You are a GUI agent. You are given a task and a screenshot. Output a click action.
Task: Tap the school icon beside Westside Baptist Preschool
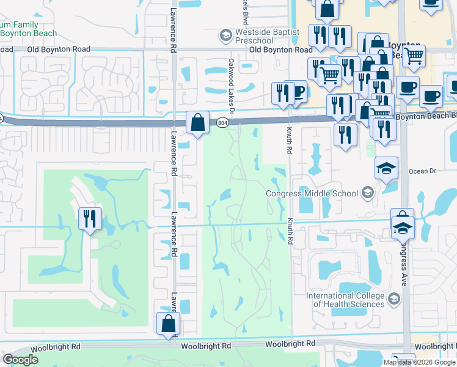pyautogui.click(x=225, y=35)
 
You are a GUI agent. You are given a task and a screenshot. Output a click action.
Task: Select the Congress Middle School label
pyautogui.click(x=312, y=194)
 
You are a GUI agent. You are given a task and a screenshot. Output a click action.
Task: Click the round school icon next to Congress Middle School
pyautogui.click(x=367, y=194)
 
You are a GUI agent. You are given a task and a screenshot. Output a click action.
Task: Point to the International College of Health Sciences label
pyautogui.click(x=345, y=300)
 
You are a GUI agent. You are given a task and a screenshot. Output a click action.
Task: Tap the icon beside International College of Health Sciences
pyautogui.click(x=393, y=299)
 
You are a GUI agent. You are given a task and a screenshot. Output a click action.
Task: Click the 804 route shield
pyautogui.click(x=222, y=123)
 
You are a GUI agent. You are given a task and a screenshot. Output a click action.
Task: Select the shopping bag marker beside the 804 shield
pyautogui.click(x=198, y=123)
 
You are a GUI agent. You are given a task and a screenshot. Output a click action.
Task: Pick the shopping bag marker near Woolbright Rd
pyautogui.click(x=168, y=324)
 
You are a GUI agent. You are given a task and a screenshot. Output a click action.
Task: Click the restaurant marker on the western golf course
pyautogui.click(x=90, y=220)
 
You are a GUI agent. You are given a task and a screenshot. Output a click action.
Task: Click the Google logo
pyautogui.click(x=21, y=360)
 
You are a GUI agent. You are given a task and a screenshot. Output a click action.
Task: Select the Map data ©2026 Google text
pyautogui.click(x=419, y=362)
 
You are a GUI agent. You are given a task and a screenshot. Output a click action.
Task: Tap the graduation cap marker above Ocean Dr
pyautogui.click(x=386, y=168)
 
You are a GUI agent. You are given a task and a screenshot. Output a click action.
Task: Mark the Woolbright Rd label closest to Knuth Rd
pyautogui.click(x=290, y=344)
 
